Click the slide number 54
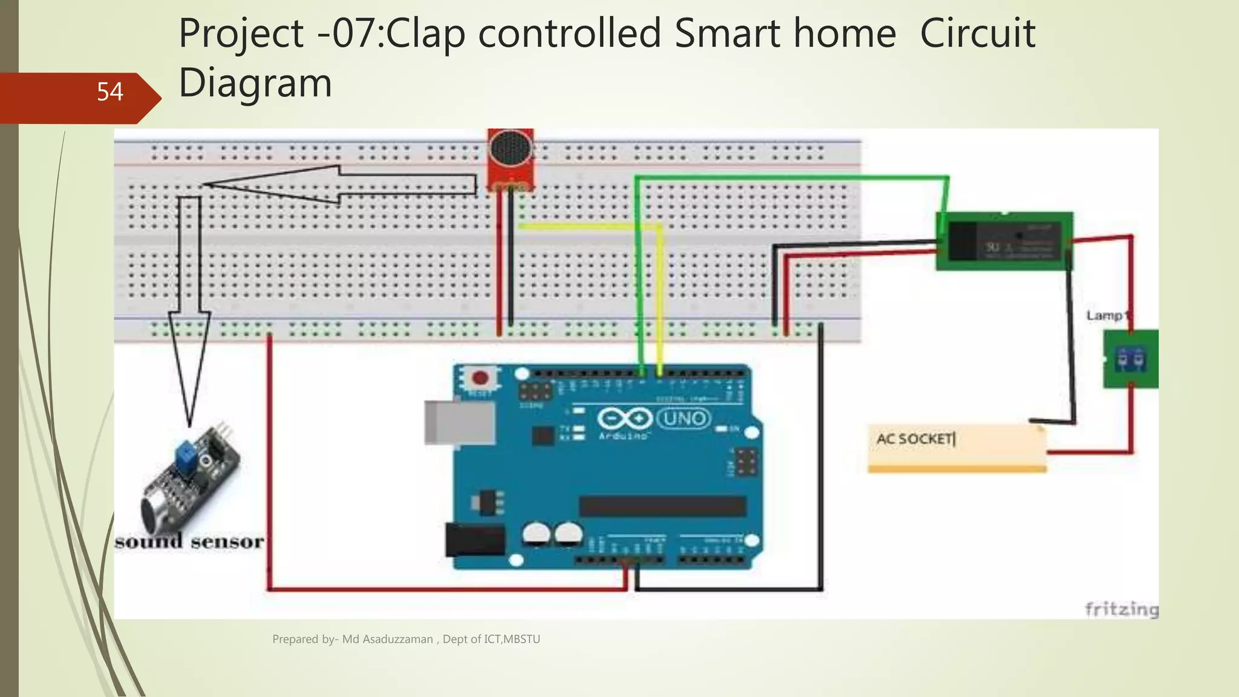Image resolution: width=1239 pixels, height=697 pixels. pyautogui.click(x=110, y=92)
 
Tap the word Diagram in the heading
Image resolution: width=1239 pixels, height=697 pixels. pyautogui.click(x=255, y=83)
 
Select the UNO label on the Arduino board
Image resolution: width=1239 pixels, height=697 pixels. pyautogui.click(x=684, y=418)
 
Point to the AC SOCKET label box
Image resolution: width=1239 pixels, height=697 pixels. pyautogui.click(x=956, y=448)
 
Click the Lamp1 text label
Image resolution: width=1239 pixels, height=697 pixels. pyautogui.click(x=1107, y=316)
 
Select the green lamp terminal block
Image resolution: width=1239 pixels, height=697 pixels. pyautogui.click(x=1130, y=359)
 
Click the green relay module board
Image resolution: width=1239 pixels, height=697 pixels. pyautogui.click(x=1004, y=241)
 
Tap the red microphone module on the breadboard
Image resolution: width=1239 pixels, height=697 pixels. pyautogui.click(x=511, y=159)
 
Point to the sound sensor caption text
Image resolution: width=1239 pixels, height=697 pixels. pyautogui.click(x=189, y=542)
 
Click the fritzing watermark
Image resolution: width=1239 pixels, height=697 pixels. pyautogui.click(x=1121, y=609)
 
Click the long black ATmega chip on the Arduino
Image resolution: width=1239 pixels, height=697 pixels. pyautogui.click(x=662, y=506)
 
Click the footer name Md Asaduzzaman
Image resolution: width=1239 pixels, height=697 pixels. pyautogui.click(x=387, y=639)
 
